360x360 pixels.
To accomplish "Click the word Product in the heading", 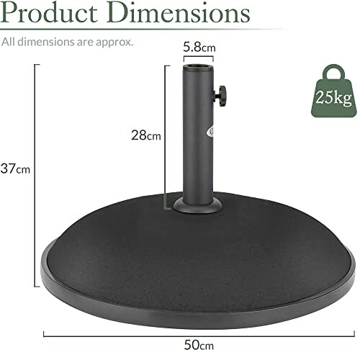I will [x=51, y=14].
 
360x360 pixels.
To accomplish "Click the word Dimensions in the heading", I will [x=180, y=14].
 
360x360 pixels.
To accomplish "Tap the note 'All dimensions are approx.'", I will [x=67, y=41].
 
